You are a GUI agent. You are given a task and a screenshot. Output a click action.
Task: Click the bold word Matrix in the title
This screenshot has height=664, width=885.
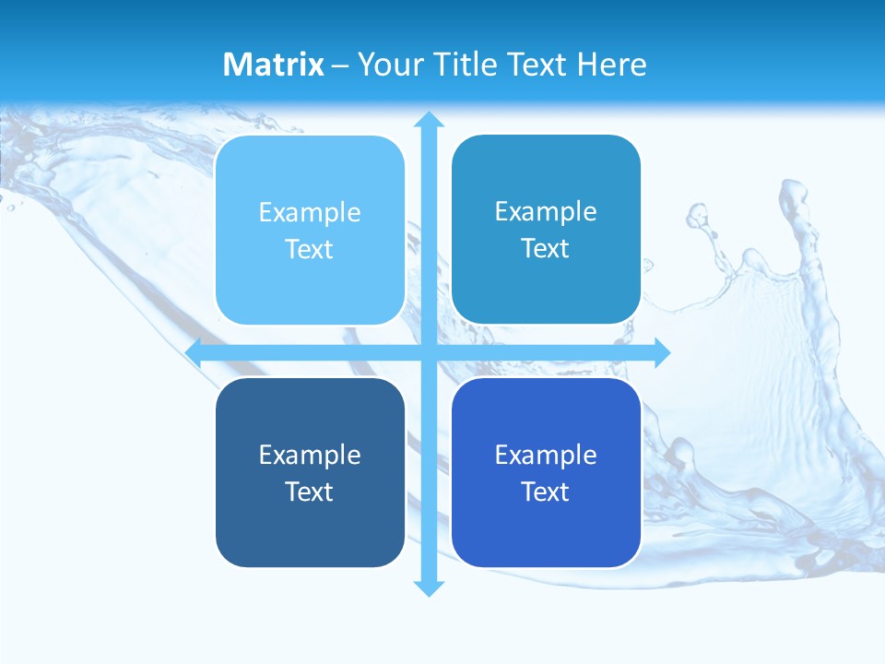tap(274, 65)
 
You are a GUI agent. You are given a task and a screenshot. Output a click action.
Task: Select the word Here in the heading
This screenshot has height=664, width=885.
tap(611, 65)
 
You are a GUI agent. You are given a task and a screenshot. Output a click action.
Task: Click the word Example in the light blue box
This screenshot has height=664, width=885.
tap(310, 213)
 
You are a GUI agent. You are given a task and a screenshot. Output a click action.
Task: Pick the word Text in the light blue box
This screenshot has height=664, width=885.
tap(310, 250)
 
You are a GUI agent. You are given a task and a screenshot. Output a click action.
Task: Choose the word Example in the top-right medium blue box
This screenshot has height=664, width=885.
tap(546, 212)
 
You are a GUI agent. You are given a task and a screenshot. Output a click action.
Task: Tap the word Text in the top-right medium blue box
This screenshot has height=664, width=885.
tap(546, 249)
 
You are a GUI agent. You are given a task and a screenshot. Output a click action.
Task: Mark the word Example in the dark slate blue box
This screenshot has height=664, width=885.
tap(310, 456)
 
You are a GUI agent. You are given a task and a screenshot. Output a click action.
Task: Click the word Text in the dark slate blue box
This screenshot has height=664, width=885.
tap(310, 492)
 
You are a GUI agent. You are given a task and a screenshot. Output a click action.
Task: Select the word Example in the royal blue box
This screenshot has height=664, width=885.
tap(546, 456)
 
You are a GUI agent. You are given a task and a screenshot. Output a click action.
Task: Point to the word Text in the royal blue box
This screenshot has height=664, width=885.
tap(546, 492)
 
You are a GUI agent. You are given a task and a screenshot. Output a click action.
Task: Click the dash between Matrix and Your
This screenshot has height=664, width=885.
tap(340, 65)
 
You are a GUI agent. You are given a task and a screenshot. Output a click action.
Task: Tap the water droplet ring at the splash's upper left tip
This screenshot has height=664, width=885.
tap(697, 217)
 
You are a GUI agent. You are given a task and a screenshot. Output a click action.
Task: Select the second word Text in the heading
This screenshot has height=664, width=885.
tap(538, 65)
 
